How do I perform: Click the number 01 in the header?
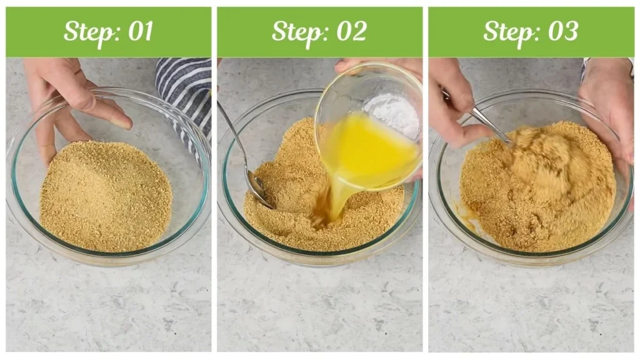click(141, 31)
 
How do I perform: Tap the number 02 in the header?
click(351, 31)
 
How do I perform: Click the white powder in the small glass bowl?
click(394, 112)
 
